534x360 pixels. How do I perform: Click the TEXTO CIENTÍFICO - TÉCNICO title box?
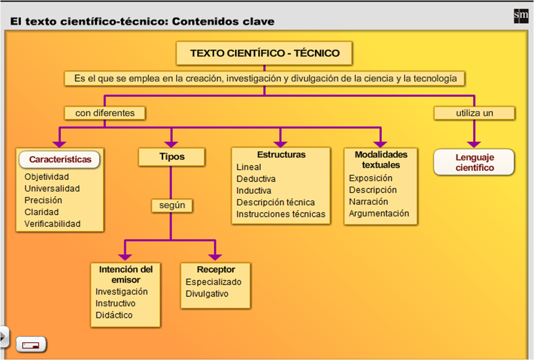(x=265, y=53)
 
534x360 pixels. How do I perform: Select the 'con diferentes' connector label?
(x=105, y=113)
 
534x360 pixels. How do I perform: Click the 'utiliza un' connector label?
(x=474, y=113)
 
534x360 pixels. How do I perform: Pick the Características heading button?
(x=60, y=160)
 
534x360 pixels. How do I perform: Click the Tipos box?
(x=172, y=157)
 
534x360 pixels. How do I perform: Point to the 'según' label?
(x=172, y=205)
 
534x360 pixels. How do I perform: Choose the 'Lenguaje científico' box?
(x=474, y=162)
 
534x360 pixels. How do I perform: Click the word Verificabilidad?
(x=53, y=224)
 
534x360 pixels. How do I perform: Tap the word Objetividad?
(x=47, y=177)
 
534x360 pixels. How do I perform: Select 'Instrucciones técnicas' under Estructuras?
(x=281, y=214)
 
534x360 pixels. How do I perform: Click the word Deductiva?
(x=256, y=179)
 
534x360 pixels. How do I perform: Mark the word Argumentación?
(x=379, y=213)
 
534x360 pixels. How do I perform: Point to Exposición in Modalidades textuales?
(x=371, y=178)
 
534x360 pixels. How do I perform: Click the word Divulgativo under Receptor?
(x=207, y=294)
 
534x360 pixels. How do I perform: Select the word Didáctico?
(x=114, y=315)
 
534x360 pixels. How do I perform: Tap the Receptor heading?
(x=216, y=270)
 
